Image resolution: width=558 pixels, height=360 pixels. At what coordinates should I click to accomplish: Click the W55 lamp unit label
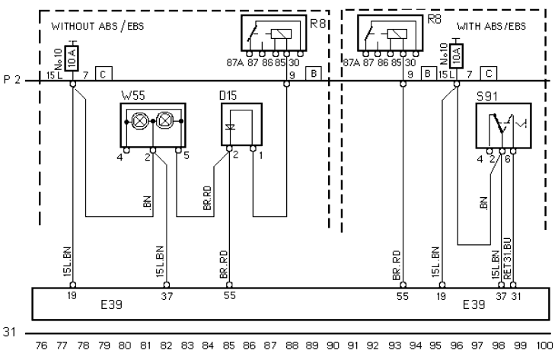click(133, 96)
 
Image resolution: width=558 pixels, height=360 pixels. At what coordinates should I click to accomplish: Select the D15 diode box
click(241, 125)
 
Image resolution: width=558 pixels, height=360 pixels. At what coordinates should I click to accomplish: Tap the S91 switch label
click(487, 97)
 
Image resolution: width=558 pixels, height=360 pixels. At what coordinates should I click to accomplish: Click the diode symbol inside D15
click(230, 127)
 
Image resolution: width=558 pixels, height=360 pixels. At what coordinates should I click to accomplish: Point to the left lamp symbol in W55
click(139, 121)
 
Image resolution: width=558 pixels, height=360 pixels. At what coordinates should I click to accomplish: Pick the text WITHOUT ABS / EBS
click(97, 27)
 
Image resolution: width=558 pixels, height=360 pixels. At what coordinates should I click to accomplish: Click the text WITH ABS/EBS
click(491, 27)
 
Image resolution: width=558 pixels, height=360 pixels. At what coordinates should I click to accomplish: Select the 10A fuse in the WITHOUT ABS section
click(72, 59)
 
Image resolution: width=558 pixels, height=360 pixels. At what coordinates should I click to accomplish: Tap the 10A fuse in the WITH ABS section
click(456, 56)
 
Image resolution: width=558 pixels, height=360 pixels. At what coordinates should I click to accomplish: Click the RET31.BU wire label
click(508, 258)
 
